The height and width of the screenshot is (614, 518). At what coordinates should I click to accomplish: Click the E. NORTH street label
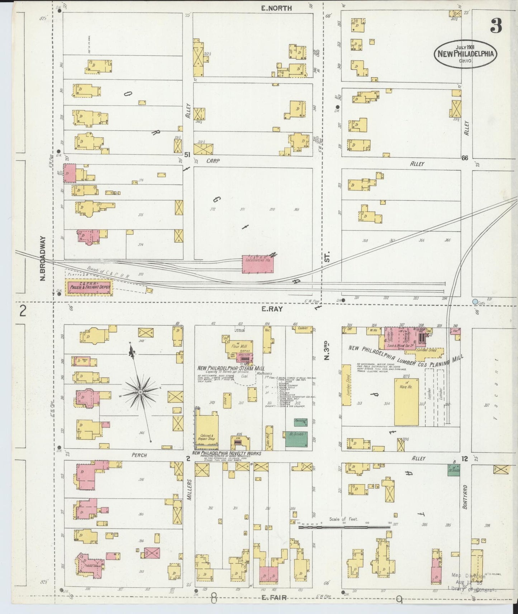tap(276, 8)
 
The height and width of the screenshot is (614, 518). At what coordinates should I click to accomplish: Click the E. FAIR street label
tap(274, 597)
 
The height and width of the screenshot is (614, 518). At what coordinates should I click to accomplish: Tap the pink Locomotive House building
tap(258, 264)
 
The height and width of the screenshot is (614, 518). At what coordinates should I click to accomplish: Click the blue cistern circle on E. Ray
tap(475, 302)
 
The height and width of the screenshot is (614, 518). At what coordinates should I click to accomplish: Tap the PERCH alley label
tap(139, 455)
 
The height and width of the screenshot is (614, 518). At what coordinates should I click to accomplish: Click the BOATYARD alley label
tap(465, 497)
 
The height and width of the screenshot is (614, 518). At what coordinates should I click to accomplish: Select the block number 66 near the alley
tap(465, 158)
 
